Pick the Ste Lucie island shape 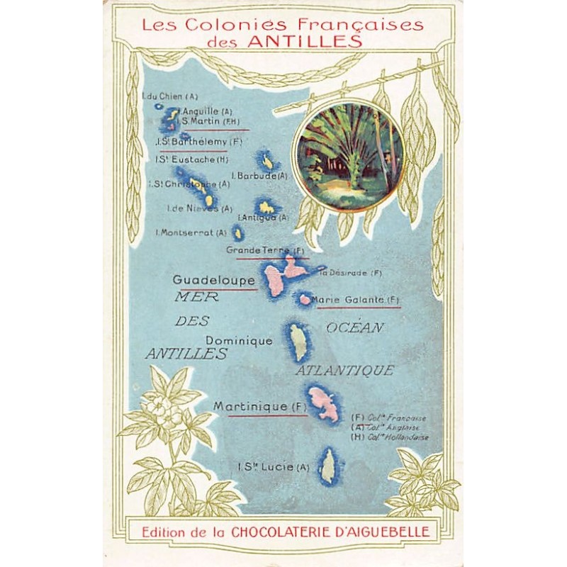328,465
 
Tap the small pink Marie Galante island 305,299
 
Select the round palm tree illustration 349,147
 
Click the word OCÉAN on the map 355,327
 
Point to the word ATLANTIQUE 344,371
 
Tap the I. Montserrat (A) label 191,232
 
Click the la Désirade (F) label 351,273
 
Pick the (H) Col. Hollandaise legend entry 390,437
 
